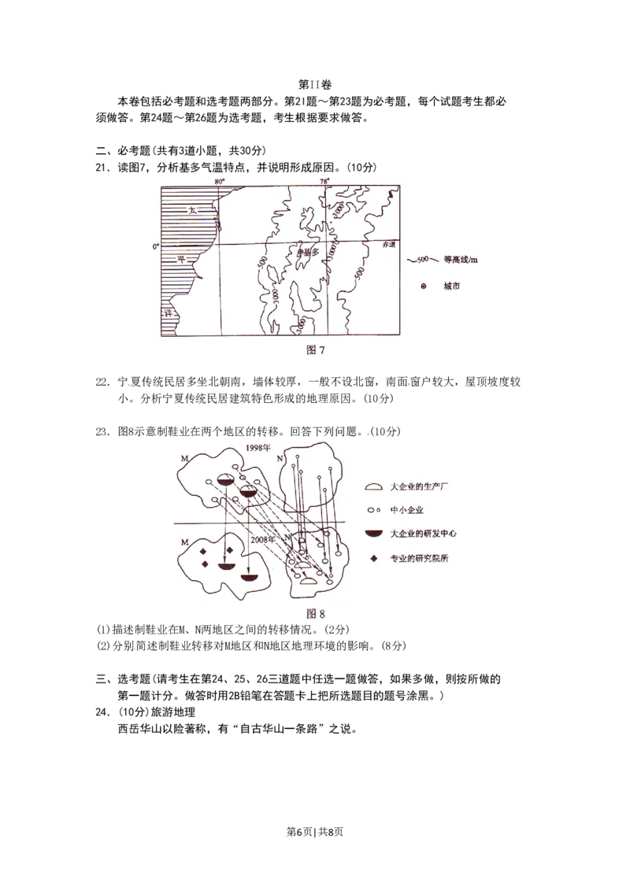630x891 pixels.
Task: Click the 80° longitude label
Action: pyautogui.click(x=220, y=181)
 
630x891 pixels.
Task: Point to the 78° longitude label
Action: pyautogui.click(x=324, y=181)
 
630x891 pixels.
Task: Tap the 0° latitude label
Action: pyautogui.click(x=155, y=246)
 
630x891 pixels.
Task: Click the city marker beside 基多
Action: pyautogui.click(x=300, y=252)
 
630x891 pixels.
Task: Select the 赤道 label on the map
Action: pyautogui.click(x=389, y=246)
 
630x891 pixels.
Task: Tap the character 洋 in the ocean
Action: pyautogui.click(x=168, y=313)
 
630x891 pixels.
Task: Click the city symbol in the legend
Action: pyautogui.click(x=423, y=287)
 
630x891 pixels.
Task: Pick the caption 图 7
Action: pyautogui.click(x=314, y=349)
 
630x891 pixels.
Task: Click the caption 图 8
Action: pyautogui.click(x=315, y=613)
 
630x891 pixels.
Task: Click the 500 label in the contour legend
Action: pyautogui.click(x=422, y=260)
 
